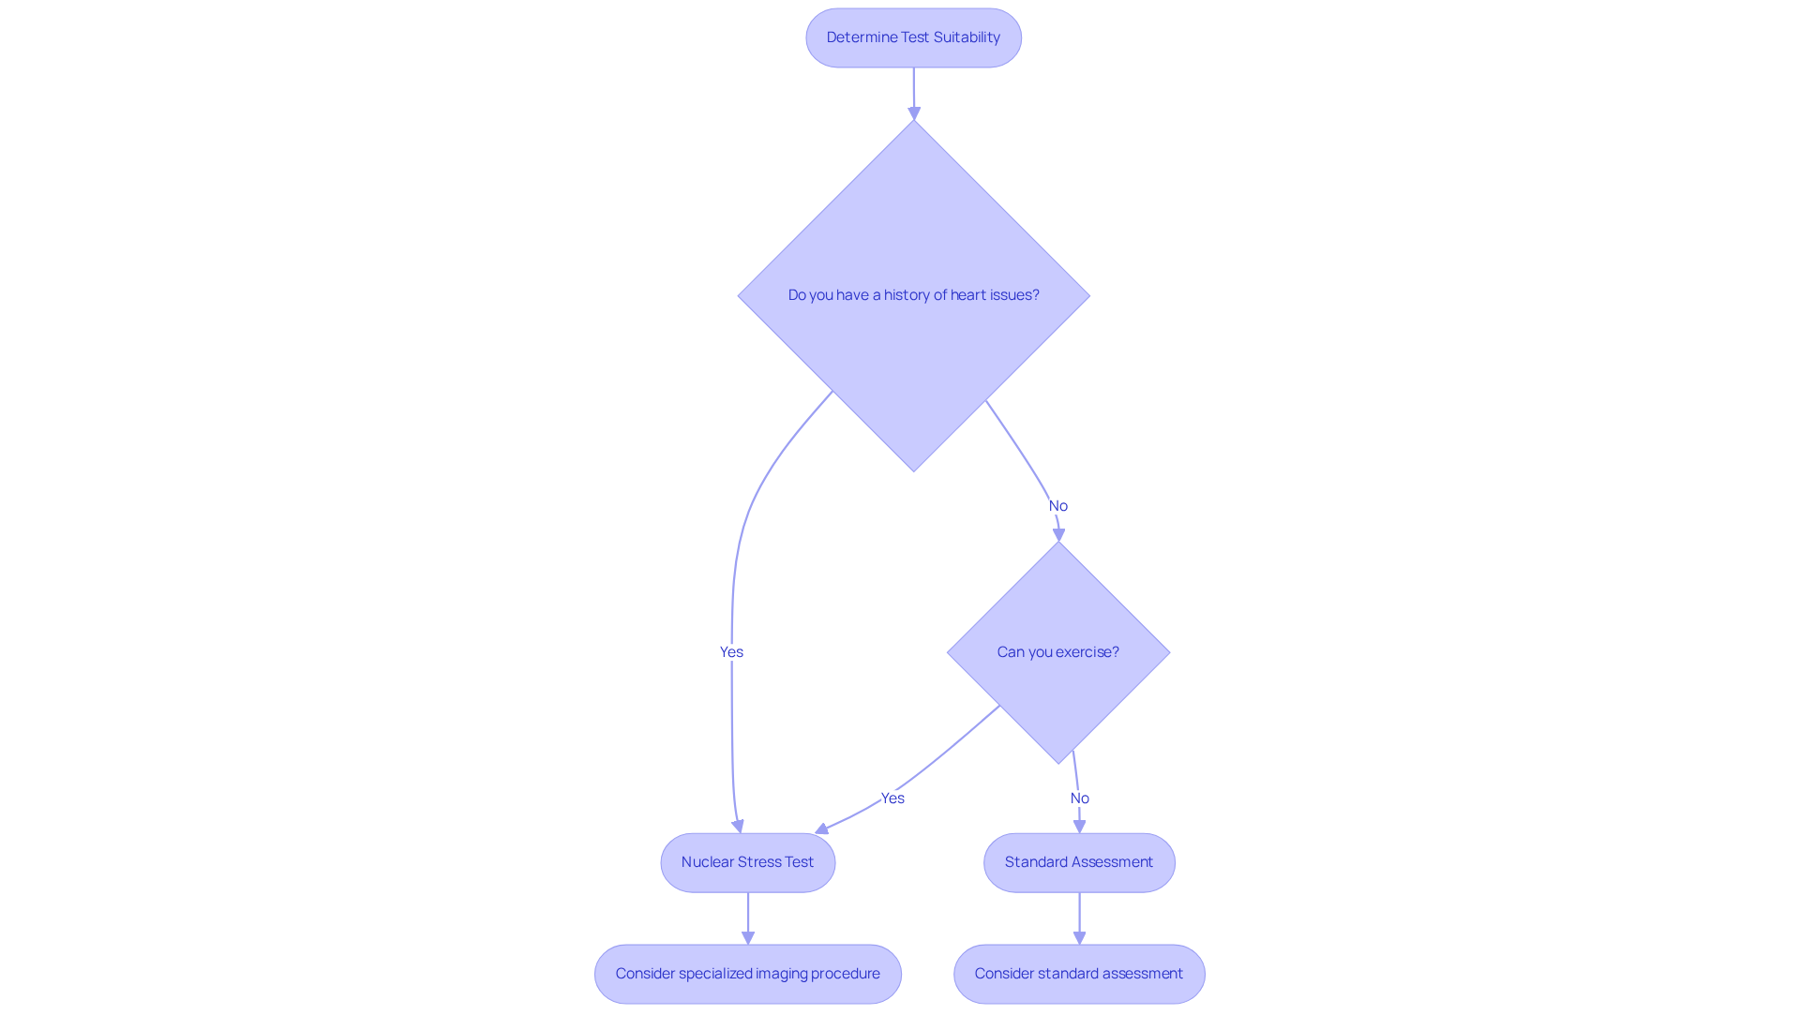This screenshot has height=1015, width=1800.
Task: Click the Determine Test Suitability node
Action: pyautogui.click(x=913, y=37)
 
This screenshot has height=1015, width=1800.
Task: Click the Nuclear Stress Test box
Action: pyautogui.click(x=747, y=862)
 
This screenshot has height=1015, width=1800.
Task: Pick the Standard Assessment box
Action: pyautogui.click(x=1078, y=862)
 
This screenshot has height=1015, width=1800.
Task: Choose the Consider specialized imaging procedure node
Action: pyautogui.click(x=747, y=974)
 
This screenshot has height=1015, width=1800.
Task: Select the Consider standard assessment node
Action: pyautogui.click(x=1078, y=974)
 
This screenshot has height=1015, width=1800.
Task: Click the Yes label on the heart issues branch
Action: pyautogui.click(x=731, y=652)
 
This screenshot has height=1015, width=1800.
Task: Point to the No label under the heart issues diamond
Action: pyautogui.click(x=1058, y=506)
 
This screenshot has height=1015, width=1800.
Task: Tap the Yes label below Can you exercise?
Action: pyautogui.click(x=892, y=799)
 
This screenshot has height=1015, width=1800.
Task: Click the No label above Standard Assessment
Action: pyautogui.click(x=1080, y=799)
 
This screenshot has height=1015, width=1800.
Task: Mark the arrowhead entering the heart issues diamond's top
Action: pyautogui.click(x=914, y=113)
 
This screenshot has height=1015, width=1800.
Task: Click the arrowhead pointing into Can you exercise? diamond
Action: pyautogui.click(x=1059, y=535)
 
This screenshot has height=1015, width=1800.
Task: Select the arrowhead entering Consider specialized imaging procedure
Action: pyautogui.click(x=748, y=937)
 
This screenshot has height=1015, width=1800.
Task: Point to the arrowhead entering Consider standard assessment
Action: pyautogui.click(x=1079, y=937)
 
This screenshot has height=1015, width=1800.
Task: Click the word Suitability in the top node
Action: pyautogui.click(x=967, y=37)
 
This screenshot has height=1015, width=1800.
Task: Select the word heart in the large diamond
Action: pyautogui.click(x=967, y=295)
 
